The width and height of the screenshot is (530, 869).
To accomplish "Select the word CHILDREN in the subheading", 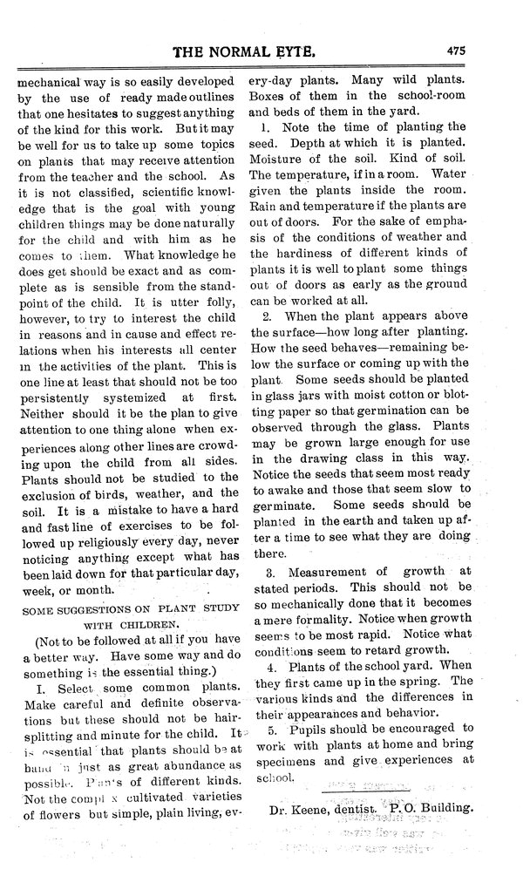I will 150,624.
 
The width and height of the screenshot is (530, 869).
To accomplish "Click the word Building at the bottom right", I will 445,807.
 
